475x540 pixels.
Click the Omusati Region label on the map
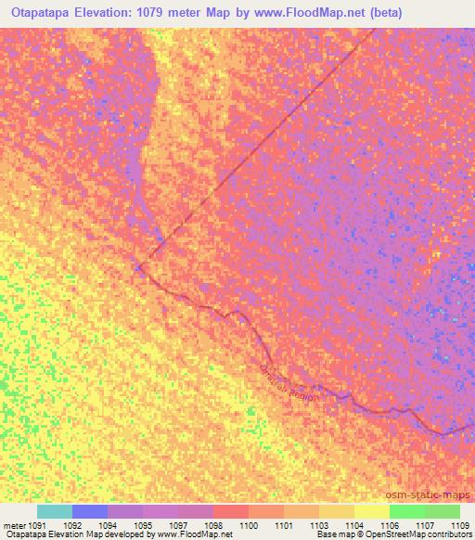(x=289, y=382)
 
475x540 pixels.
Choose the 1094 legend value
(x=109, y=525)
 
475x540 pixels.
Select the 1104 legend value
(x=355, y=525)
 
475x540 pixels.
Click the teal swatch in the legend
(x=55, y=511)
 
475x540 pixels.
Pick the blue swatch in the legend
(x=90, y=511)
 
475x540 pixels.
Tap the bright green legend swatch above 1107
(x=406, y=511)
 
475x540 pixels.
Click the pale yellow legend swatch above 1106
(x=371, y=511)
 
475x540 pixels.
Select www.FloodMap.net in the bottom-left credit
(x=195, y=535)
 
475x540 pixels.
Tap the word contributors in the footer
(x=450, y=535)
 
